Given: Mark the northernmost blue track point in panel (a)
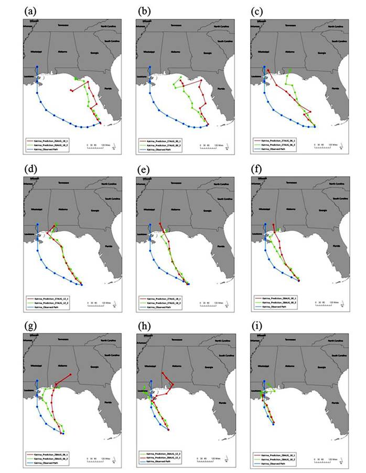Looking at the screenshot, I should (x=37, y=67).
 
